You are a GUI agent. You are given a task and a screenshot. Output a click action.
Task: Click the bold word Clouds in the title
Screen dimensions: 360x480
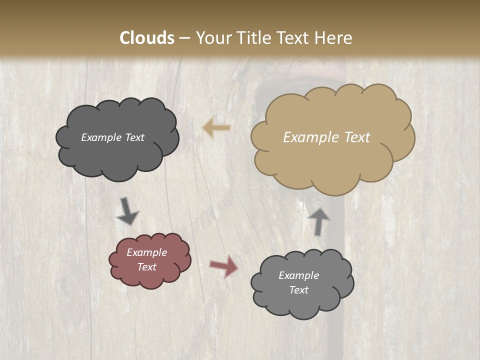point(146,38)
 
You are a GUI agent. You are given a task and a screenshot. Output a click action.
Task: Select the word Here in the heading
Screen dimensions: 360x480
point(333,38)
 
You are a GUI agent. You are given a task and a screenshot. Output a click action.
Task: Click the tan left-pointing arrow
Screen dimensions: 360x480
point(216,128)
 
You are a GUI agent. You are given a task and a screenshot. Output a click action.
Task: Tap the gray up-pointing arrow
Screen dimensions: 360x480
point(318,221)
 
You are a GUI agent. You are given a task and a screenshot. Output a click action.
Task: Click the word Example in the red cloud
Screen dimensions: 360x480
point(146,252)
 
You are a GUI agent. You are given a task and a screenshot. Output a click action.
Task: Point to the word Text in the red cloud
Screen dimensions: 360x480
point(146,267)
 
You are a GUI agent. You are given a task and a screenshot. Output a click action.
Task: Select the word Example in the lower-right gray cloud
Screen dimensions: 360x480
point(298,275)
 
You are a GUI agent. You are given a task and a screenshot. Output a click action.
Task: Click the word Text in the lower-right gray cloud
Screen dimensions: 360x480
point(298,290)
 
